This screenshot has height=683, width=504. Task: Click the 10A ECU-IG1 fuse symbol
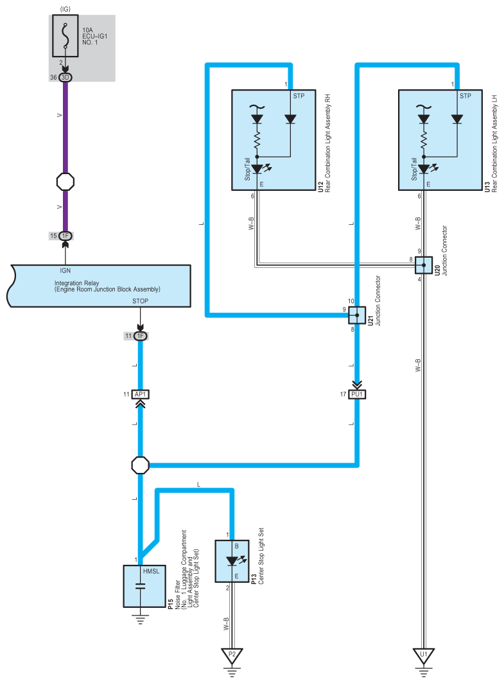click(x=65, y=36)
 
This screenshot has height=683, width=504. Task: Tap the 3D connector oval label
click(x=65, y=78)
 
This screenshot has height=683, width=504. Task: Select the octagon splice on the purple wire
click(x=65, y=182)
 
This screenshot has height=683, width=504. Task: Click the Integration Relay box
click(x=99, y=286)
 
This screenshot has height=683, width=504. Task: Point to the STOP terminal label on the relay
click(x=140, y=301)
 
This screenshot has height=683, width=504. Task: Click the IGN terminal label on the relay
click(x=65, y=271)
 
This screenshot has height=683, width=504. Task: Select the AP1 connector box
click(x=140, y=395)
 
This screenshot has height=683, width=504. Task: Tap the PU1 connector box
click(x=357, y=395)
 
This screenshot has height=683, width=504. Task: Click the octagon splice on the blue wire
click(x=140, y=465)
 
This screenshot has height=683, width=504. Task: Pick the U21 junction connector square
click(x=357, y=315)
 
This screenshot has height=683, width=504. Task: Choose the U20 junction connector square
click(x=424, y=265)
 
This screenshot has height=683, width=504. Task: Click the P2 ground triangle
click(x=232, y=656)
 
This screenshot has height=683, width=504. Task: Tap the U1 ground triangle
click(x=424, y=656)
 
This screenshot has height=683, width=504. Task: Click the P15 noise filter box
click(x=144, y=586)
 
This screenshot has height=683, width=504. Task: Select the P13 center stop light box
click(x=232, y=561)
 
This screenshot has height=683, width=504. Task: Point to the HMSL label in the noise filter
click(x=151, y=571)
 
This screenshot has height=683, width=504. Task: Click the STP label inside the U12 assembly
click(x=299, y=96)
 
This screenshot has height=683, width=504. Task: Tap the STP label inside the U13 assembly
click(x=465, y=96)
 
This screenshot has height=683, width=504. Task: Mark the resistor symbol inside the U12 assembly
click(x=257, y=140)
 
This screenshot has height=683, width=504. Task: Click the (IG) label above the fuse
click(x=65, y=9)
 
